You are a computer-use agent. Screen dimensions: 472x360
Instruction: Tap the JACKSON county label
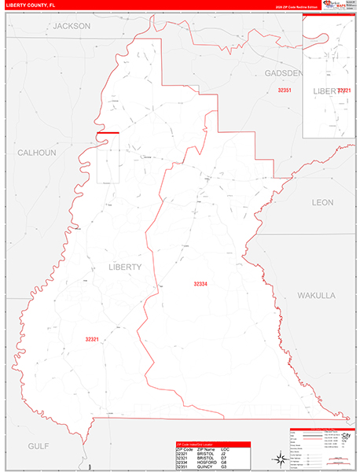tap(72, 26)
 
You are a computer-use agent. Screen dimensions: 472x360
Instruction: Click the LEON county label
tap(322, 202)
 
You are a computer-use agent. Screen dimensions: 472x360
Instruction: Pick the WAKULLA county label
tap(317, 295)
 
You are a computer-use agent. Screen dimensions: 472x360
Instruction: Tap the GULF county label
tap(39, 445)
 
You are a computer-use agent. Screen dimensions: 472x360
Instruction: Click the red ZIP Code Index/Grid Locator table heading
tap(197, 444)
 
